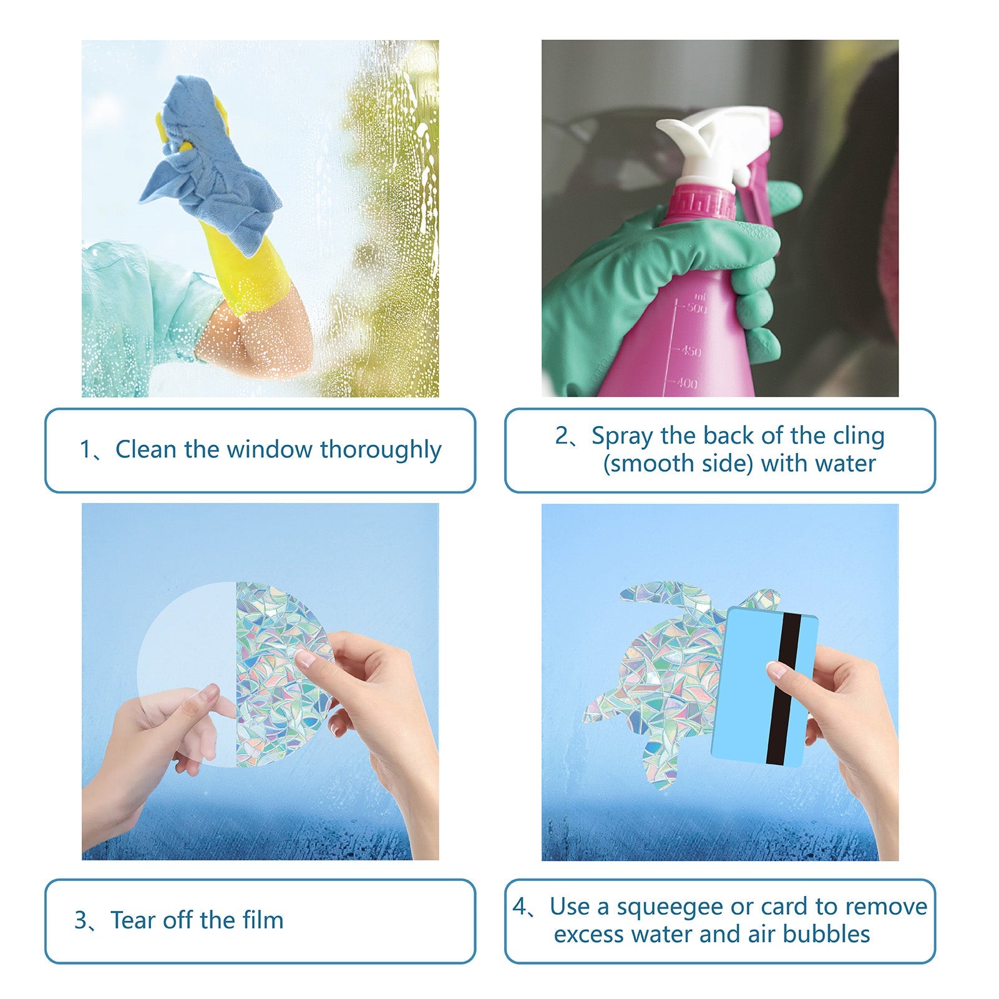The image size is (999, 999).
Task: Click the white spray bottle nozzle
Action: tap(711, 147)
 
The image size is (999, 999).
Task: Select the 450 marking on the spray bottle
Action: tap(690, 351)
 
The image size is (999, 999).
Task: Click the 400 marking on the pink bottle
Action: tap(686, 383)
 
